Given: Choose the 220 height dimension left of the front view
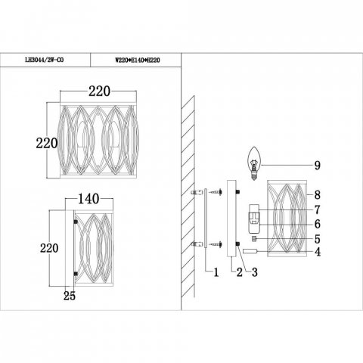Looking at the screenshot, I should [47, 140].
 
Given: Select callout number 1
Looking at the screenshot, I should [216, 270].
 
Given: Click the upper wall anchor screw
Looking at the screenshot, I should [196, 194].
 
